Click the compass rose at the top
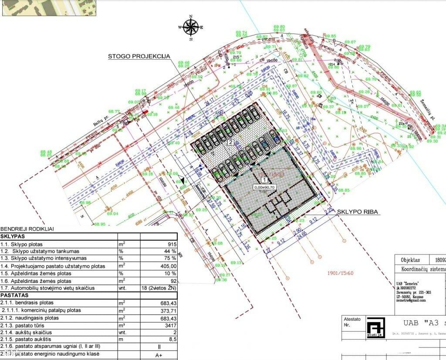191,27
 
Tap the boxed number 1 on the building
263,179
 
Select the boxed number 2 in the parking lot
231,142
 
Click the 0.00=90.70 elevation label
264,187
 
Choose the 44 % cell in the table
170,251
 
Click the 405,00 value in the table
167,266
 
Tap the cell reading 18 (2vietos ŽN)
157,288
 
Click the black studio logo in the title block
375,328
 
